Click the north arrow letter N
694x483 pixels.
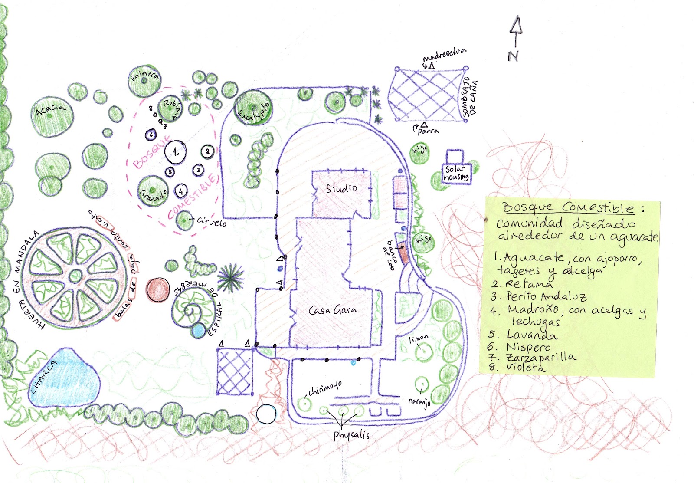coord(513,56)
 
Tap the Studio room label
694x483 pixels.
coord(341,188)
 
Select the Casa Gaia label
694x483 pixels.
coord(332,310)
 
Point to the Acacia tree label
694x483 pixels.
coord(50,109)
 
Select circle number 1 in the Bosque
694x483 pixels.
coord(176,152)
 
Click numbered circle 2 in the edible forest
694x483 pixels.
coord(208,151)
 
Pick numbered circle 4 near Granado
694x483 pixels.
coord(181,191)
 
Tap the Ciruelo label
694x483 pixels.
coord(211,221)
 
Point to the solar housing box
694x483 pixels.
coord(456,173)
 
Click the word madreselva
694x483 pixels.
coord(445,55)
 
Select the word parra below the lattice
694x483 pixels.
coord(428,131)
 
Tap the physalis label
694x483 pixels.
coord(351,434)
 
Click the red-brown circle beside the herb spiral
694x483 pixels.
coord(158,290)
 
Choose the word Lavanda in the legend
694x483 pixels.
coord(532,335)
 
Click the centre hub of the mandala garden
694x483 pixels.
coord(76,275)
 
